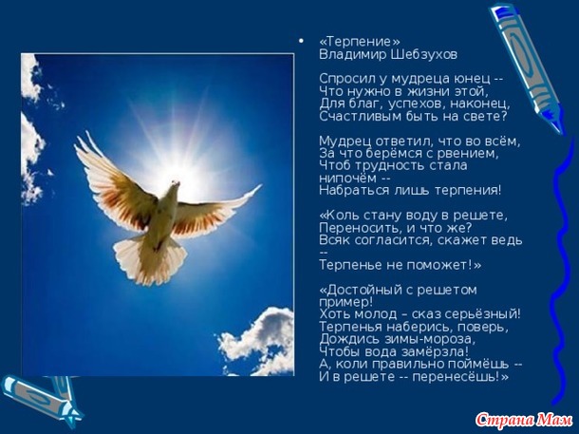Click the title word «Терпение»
pos(360,42)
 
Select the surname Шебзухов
pos(424,55)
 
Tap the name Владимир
pos(353,55)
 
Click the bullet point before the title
pos(302,41)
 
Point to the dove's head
pos(175,184)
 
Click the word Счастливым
pos(355,117)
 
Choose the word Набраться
pos(349,191)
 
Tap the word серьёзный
pos(482,314)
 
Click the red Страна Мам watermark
pos(524,420)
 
